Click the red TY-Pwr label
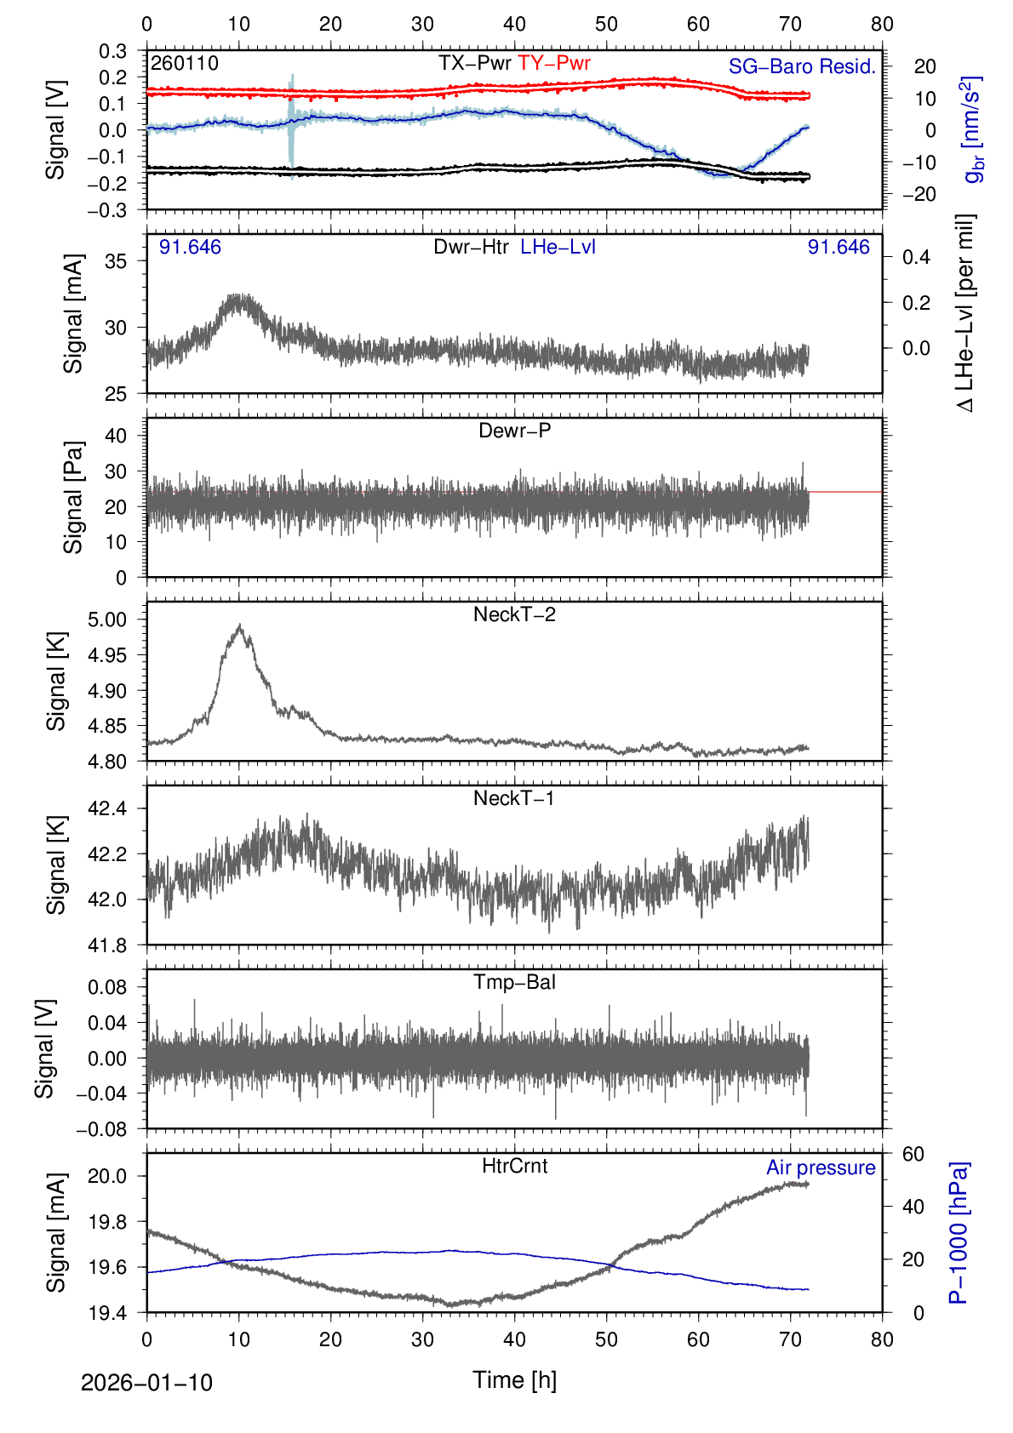coord(554,63)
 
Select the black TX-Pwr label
coord(475,63)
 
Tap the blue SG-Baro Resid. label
coord(802,66)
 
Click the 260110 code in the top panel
coord(185,64)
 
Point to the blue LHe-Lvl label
coord(558,247)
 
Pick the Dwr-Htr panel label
coord(471,247)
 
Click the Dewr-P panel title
coord(514,431)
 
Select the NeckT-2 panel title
coord(514,614)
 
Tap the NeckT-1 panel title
coord(514,798)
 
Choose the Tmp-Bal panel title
coord(514,982)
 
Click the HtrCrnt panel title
coord(514,1166)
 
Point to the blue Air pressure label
coord(821,1168)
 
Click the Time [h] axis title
coord(514,1379)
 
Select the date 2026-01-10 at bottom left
coord(146,1383)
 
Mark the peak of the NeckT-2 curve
coord(240,626)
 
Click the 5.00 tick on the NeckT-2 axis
coord(107,619)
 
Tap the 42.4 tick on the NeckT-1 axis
coord(107,808)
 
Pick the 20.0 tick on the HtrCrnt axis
coord(107,1176)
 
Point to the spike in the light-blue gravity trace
coord(292,81)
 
